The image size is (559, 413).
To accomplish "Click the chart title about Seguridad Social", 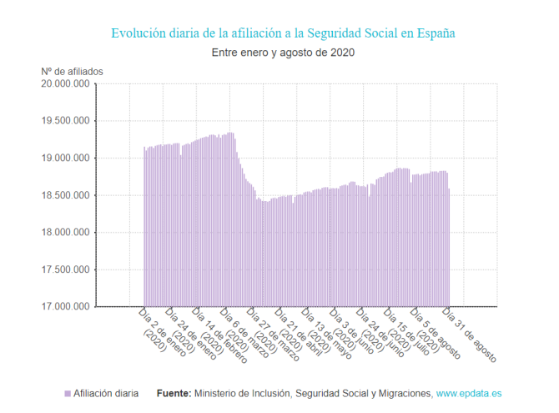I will (283, 33).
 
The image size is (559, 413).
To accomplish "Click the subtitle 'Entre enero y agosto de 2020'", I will (283, 53).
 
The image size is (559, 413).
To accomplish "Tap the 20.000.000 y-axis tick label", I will (66, 84).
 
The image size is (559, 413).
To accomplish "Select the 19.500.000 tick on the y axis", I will (66, 121).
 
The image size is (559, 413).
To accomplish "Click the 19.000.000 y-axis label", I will (66, 159).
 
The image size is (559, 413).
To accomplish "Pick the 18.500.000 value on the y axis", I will (66, 195).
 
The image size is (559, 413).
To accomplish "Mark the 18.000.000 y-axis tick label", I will (66, 233).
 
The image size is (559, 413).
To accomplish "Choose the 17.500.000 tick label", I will (66, 269).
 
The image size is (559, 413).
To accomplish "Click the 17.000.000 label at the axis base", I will (66, 307).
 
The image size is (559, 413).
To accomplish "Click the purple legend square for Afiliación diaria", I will (67, 393).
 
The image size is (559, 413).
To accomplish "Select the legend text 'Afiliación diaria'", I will (106, 393).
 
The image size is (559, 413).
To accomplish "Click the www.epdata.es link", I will (470, 393).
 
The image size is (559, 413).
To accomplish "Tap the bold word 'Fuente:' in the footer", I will (174, 393).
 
